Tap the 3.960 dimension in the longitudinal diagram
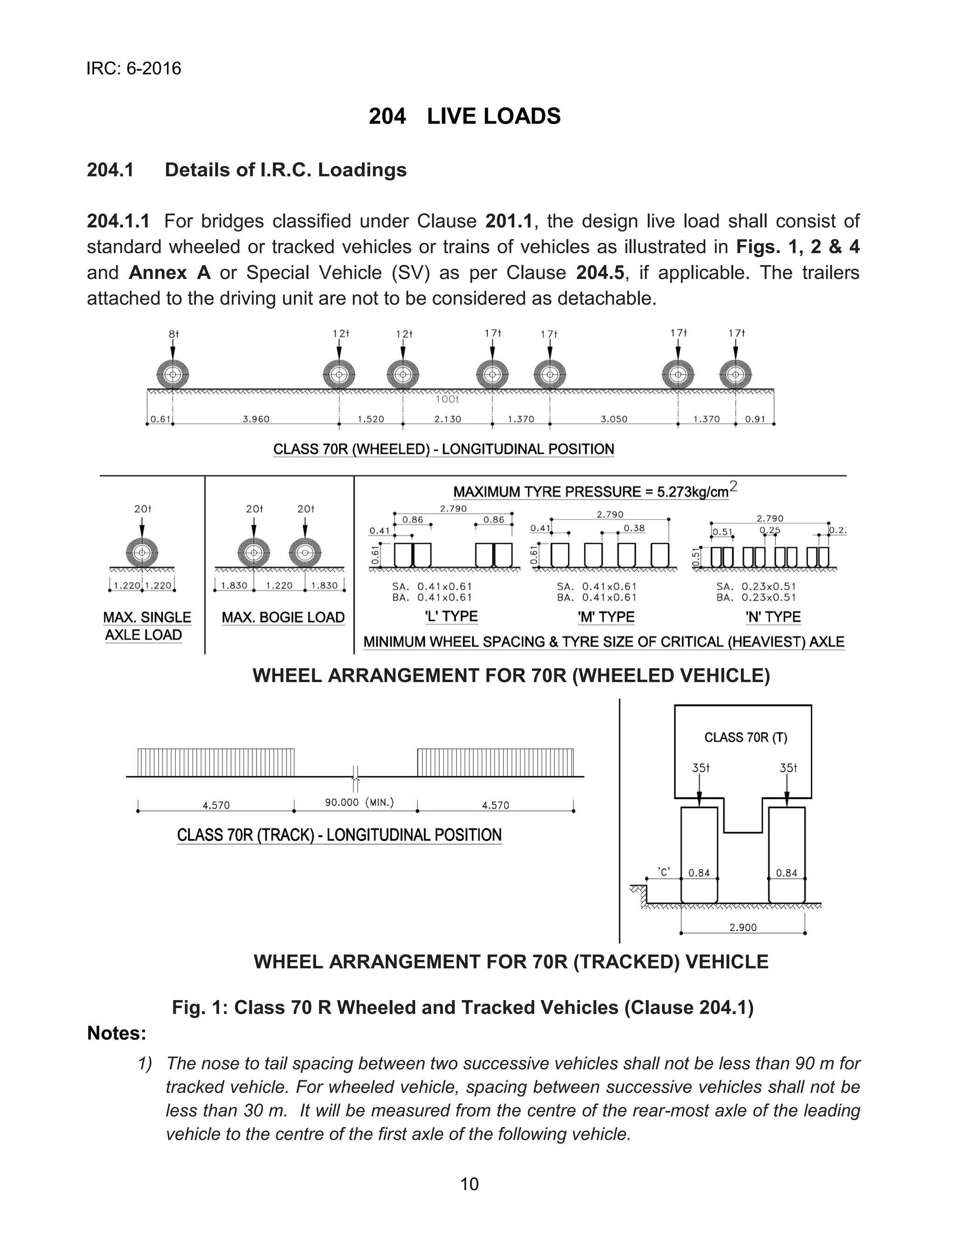coord(256,419)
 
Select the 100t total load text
coord(447,400)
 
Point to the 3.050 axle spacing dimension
coord(614,419)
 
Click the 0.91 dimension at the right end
coord(755,419)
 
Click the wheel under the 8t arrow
coord(173,374)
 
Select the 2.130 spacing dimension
coord(447,419)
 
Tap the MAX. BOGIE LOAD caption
coord(283,618)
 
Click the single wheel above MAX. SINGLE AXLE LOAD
coord(142,552)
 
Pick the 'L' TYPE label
coord(451,616)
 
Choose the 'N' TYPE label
coord(773,617)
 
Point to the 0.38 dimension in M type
coord(634,528)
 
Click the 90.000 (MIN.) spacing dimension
coord(359,802)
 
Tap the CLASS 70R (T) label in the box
coord(746,737)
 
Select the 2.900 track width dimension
coord(743,927)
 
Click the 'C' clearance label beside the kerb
coord(664,871)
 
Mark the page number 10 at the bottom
coord(470,1184)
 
